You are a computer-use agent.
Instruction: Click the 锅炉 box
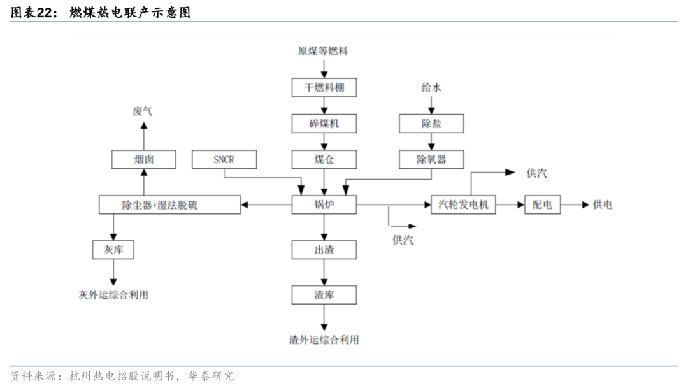tap(324, 205)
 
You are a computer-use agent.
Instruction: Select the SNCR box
tap(224, 159)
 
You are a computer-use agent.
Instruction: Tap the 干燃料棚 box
tap(324, 87)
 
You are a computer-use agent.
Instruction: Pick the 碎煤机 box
tap(324, 123)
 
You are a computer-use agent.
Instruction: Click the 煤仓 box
tap(324, 159)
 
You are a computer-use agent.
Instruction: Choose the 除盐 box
tap(431, 123)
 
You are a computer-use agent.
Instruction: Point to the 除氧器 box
tap(431, 159)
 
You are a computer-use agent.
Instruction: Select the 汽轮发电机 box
tap(463, 205)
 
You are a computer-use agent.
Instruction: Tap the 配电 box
tap(542, 205)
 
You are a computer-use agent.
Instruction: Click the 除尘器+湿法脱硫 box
tap(169, 205)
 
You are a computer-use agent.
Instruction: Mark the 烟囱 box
tap(143, 159)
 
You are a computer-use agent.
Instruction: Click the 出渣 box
tap(324, 250)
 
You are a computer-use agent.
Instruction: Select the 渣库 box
tap(324, 294)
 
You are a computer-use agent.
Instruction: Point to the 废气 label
tap(143, 111)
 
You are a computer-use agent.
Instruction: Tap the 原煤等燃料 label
tap(323, 51)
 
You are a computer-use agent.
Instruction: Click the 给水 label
tap(431, 87)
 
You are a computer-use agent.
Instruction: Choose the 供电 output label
tap(602, 205)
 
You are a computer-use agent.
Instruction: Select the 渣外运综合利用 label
tap(324, 340)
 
